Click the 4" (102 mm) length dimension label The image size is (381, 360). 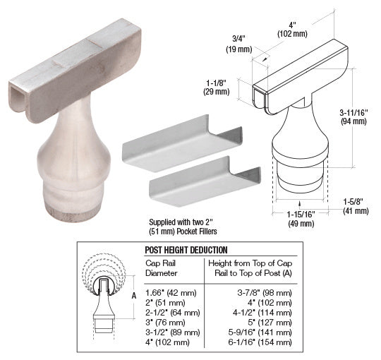click(292, 30)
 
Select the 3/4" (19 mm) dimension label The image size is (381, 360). click(239, 44)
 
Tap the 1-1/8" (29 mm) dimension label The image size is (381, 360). click(217, 87)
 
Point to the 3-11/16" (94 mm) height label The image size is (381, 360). click(353, 117)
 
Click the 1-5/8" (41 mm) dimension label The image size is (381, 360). click(356, 206)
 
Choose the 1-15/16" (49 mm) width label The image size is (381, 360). click(301, 219)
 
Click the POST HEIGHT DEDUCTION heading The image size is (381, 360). click(186, 250)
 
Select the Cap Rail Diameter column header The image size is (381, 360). click(161, 268)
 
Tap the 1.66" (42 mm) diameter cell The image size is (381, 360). click(171, 293)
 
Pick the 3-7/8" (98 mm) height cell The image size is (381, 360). click(265, 293)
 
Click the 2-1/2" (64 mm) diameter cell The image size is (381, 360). click(173, 313)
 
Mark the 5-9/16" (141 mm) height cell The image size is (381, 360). click(260, 332)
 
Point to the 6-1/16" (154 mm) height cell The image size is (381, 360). click(260, 342)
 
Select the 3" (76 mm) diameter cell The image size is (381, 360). click(165, 323)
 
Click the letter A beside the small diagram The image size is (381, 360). click(134, 296)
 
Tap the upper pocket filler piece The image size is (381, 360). click(182, 143)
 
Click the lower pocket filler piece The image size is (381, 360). click(205, 181)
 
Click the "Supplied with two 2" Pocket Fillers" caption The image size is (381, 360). click(183, 227)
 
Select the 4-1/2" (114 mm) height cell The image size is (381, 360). click(262, 313)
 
